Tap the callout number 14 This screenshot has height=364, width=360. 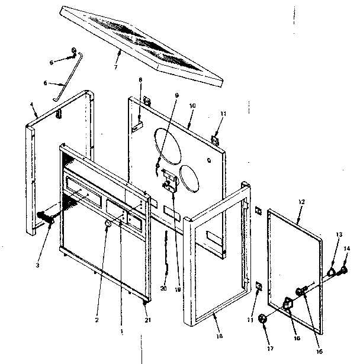click(x=347, y=248)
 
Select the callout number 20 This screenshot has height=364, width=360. click(x=163, y=288)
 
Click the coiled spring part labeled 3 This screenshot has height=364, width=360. click(x=45, y=218)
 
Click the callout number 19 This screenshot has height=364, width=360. click(x=178, y=290)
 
